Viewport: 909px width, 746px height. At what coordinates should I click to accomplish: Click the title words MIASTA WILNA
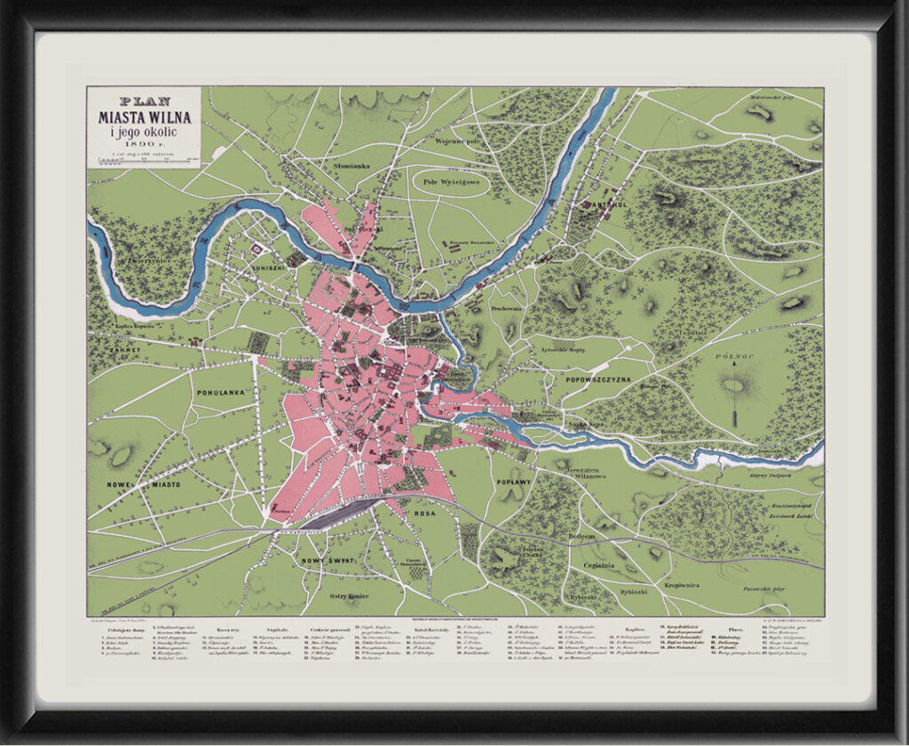tap(143, 116)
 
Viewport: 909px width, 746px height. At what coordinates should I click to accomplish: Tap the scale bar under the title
tap(143, 158)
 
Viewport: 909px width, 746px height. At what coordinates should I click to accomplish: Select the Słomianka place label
tap(351, 166)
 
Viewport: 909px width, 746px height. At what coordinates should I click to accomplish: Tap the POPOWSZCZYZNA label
tap(597, 379)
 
